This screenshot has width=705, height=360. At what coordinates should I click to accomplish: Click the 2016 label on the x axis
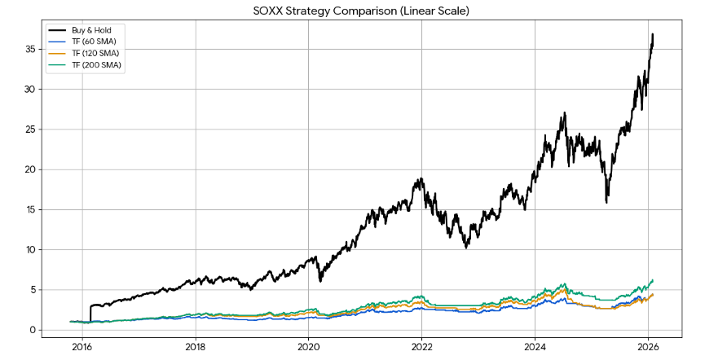[82, 346]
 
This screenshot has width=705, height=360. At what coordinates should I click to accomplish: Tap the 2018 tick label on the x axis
[195, 346]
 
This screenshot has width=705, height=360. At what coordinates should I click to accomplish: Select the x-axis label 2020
[308, 346]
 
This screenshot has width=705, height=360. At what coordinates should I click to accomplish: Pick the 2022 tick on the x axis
[421, 346]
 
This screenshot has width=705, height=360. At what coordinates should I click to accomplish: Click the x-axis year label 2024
[535, 346]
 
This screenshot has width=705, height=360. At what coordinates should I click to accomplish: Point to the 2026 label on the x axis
[648, 346]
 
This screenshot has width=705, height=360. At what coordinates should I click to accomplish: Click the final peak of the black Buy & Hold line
[653, 35]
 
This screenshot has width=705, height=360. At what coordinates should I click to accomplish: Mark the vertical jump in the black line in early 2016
[90, 314]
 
